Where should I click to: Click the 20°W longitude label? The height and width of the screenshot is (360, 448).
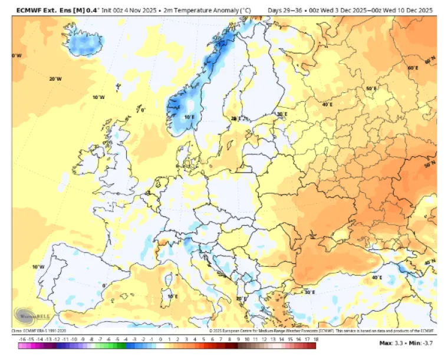[55, 79]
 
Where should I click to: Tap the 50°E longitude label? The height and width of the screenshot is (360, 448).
[371, 89]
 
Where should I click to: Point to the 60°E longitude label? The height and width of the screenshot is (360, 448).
[413, 68]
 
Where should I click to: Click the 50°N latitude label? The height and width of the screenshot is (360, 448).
[430, 164]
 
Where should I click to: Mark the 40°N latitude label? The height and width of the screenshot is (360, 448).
[430, 262]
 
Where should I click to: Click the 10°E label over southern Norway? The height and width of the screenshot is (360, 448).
[189, 117]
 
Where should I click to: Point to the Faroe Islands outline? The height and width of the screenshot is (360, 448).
[118, 87]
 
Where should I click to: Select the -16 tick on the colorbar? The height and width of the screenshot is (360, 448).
[22, 340]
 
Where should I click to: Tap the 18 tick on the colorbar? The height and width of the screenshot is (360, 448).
[316, 340]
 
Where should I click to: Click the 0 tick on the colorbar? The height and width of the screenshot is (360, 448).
[160, 340]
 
